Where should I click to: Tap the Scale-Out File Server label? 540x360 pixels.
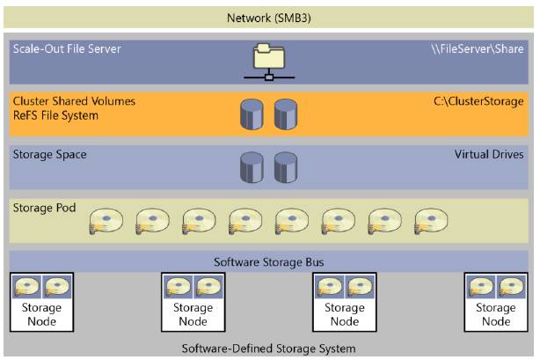[67, 49]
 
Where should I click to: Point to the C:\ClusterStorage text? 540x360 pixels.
[479, 101]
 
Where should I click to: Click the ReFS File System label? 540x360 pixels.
[55, 115]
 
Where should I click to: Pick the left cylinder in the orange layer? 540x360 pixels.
[252, 114]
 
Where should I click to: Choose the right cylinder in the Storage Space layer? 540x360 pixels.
[287, 166]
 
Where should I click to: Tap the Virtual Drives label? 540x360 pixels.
[489, 154]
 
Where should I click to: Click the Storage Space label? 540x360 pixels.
[49, 154]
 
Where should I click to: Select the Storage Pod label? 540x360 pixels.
[44, 208]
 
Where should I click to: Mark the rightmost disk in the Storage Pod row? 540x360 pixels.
[431, 223]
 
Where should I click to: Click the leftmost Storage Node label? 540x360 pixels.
[41, 315]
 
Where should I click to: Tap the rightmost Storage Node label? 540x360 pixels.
[495, 315]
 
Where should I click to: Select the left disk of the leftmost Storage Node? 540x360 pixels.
[28, 288]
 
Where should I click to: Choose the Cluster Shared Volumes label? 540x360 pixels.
[74, 101]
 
